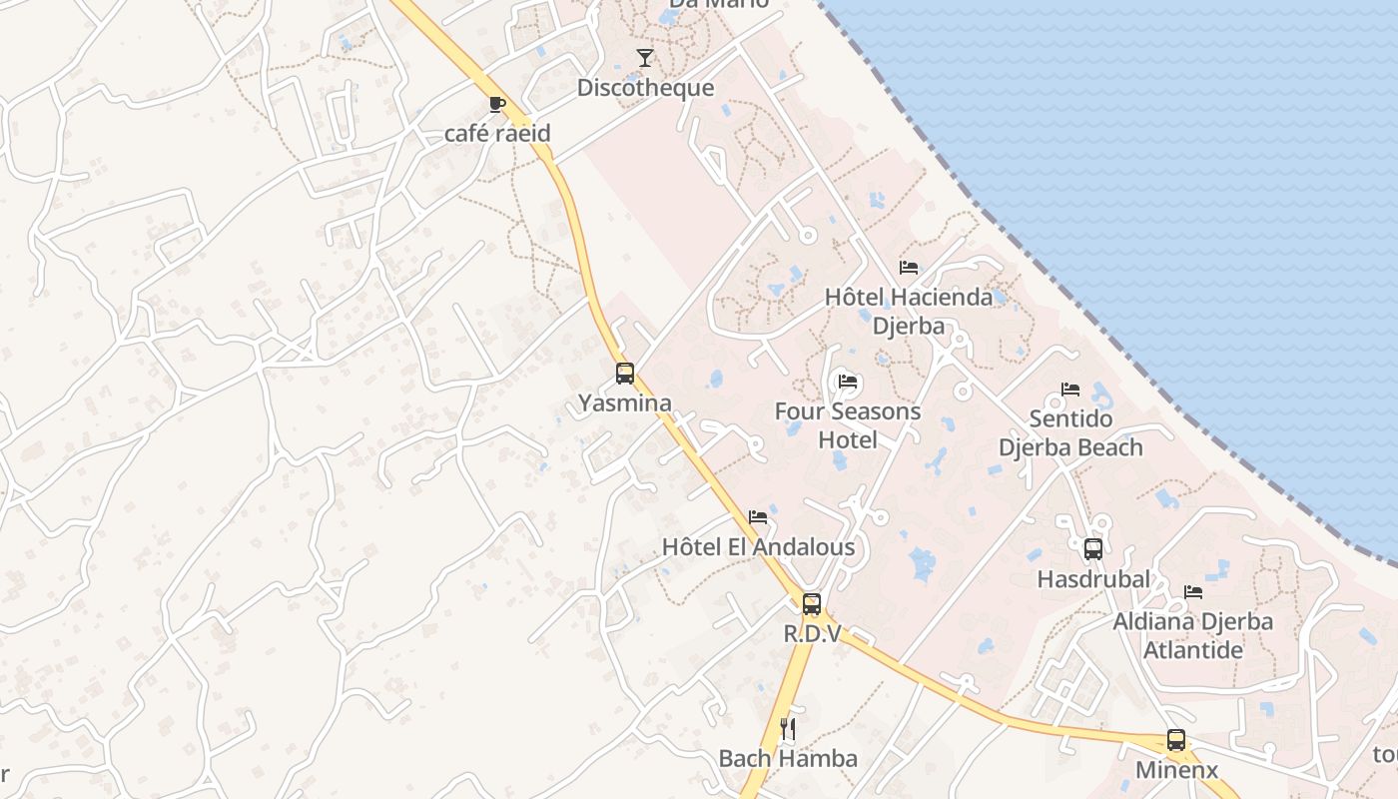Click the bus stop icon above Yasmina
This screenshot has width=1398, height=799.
(x=625, y=374)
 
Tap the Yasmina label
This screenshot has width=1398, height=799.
(x=625, y=403)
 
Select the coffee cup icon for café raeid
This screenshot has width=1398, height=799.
(x=497, y=104)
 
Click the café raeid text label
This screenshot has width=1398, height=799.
(x=497, y=134)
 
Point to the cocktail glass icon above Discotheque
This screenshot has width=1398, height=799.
(x=645, y=58)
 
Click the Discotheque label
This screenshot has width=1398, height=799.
(x=645, y=88)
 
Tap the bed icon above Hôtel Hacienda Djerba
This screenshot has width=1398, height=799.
(x=909, y=268)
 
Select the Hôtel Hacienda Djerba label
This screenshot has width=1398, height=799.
(x=909, y=312)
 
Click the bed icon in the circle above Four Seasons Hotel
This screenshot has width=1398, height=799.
(x=848, y=382)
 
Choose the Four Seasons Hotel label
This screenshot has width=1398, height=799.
(x=848, y=425)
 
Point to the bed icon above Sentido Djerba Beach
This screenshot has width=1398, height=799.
(x=1070, y=389)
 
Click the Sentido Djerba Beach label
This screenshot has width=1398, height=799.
(x=1070, y=432)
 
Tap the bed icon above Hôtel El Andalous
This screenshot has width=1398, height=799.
(x=758, y=517)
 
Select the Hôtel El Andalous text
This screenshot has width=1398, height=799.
(x=758, y=547)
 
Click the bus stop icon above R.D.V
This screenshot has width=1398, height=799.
(x=812, y=603)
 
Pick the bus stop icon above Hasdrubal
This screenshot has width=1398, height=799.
(x=1093, y=548)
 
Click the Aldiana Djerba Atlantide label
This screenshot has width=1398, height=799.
(x=1193, y=635)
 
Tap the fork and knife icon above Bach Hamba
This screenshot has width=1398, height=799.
(x=788, y=728)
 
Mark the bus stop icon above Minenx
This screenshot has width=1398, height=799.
(x=1176, y=740)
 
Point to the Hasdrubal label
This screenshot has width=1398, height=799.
(x=1093, y=579)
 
